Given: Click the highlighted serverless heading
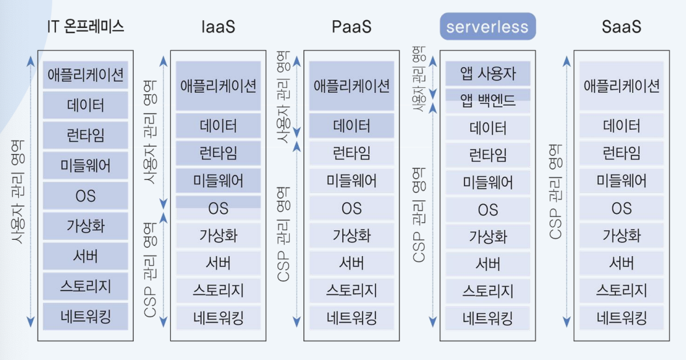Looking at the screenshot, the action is pos(487,27).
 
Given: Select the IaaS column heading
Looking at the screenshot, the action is pos(218,27).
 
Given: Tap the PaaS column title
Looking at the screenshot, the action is pos(351,27).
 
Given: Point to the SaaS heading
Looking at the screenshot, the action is pos(621,27).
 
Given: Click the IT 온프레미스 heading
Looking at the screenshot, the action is pos(86,26).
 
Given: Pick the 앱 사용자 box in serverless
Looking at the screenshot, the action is pos(488,73).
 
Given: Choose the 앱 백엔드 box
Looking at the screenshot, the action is pos(488,101).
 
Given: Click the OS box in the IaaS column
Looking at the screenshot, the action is pos(218,208).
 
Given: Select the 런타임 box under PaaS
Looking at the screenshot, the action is pos(351,153).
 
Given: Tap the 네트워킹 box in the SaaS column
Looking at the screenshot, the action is pos(621,318).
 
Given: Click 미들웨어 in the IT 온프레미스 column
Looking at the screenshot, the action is pos(86,165).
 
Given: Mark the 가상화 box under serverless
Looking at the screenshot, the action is pos(488,237).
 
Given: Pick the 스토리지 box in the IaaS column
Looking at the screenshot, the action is pos(218,290).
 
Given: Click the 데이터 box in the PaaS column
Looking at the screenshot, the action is pos(351,126).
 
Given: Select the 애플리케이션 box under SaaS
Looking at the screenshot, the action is pos(621,86).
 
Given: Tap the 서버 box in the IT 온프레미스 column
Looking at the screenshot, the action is pos(86,256).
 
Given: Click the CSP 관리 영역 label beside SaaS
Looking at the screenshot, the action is pos(555,192).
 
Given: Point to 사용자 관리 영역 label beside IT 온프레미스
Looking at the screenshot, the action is pos(18,192).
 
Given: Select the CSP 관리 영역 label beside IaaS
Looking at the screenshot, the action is pos(150,270).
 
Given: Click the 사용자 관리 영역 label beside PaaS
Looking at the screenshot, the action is pos(283,97).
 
